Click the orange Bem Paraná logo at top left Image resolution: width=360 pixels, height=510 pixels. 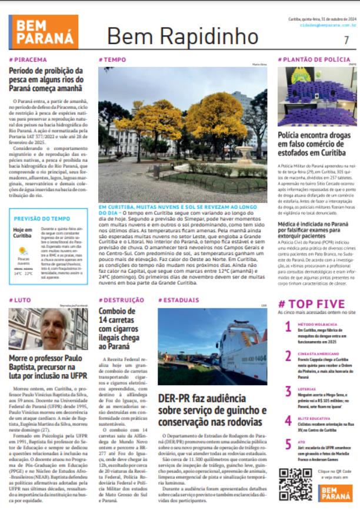44,32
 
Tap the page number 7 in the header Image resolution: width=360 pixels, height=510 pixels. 346,40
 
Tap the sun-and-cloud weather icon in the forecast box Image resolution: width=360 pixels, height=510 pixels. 23,251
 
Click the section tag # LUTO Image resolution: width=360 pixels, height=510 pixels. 20,300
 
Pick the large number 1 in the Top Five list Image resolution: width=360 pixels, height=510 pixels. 288,327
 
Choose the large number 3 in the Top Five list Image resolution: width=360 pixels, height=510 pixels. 288,392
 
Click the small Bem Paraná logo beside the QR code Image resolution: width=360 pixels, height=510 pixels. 337,493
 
